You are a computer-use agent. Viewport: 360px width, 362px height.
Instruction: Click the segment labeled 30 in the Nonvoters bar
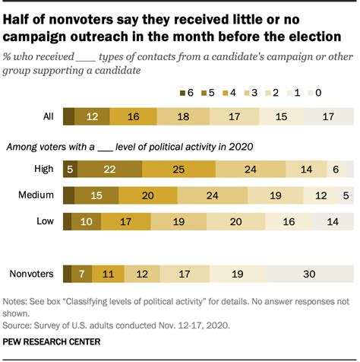pyautogui.click(x=310, y=273)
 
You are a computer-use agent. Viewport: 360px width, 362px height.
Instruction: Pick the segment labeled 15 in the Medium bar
pyautogui.click(x=96, y=196)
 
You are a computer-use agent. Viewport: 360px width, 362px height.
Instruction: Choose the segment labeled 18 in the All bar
pyautogui.click(x=183, y=118)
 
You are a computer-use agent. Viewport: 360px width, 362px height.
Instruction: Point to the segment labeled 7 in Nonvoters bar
pyautogui.click(x=81, y=273)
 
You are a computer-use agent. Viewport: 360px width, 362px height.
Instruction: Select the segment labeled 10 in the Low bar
pyautogui.click(x=86, y=221)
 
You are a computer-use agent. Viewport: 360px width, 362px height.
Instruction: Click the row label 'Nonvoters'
pyautogui.click(x=29, y=273)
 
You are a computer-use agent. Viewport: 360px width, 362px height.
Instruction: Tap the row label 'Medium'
pyautogui.click(x=34, y=196)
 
